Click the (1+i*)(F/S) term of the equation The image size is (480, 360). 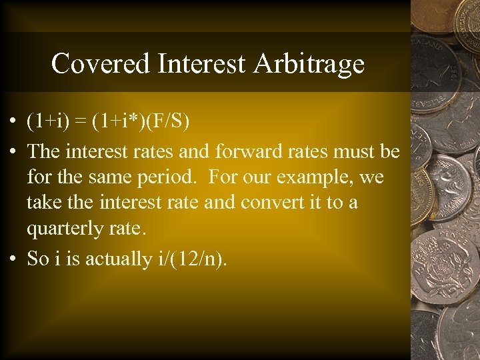tap(141, 122)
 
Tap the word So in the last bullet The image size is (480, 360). tap(37, 259)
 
